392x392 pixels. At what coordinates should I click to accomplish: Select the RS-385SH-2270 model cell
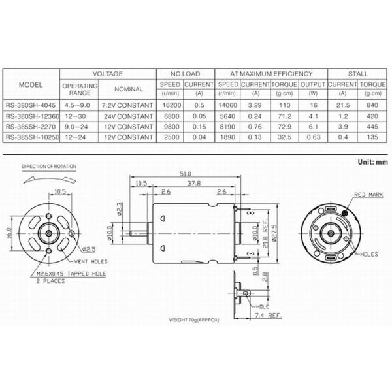point(31,127)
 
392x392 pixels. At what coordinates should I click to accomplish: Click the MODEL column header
point(31,86)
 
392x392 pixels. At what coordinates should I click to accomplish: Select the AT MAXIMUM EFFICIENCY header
point(270,74)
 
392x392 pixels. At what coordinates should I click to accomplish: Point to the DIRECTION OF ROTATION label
point(48,167)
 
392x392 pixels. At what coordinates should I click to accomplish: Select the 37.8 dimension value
point(193,184)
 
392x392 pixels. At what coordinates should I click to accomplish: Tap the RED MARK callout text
point(368,195)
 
